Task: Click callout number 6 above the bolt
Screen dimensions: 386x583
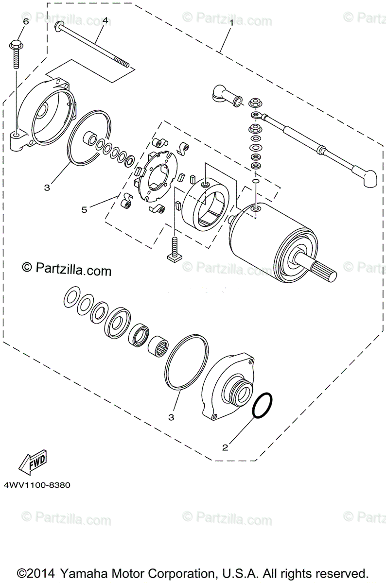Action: [26, 22]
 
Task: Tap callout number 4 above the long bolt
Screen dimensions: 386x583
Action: [105, 21]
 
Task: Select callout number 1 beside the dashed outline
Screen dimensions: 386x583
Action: [232, 22]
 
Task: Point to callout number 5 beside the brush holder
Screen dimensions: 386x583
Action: [84, 209]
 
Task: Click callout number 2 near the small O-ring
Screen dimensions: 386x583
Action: [225, 447]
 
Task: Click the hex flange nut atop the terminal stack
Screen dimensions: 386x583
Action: [253, 103]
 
